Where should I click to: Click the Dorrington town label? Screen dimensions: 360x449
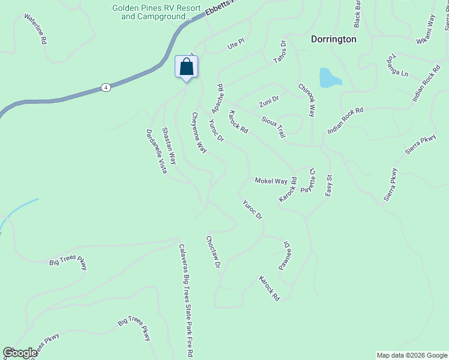point(334,39)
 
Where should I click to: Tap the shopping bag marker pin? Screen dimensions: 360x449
point(186,67)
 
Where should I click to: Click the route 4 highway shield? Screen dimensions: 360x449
point(106,87)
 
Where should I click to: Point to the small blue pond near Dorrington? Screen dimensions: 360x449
point(329,77)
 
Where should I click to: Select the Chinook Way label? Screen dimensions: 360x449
point(306,98)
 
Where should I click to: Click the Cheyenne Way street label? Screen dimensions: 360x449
point(199,132)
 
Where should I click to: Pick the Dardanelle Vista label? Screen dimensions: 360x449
point(155,151)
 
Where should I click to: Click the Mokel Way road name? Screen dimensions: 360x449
point(271,181)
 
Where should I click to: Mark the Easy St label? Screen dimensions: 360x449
point(328,185)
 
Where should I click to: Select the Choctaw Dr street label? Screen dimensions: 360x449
point(214,251)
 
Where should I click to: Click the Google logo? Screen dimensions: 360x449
point(20,353)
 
